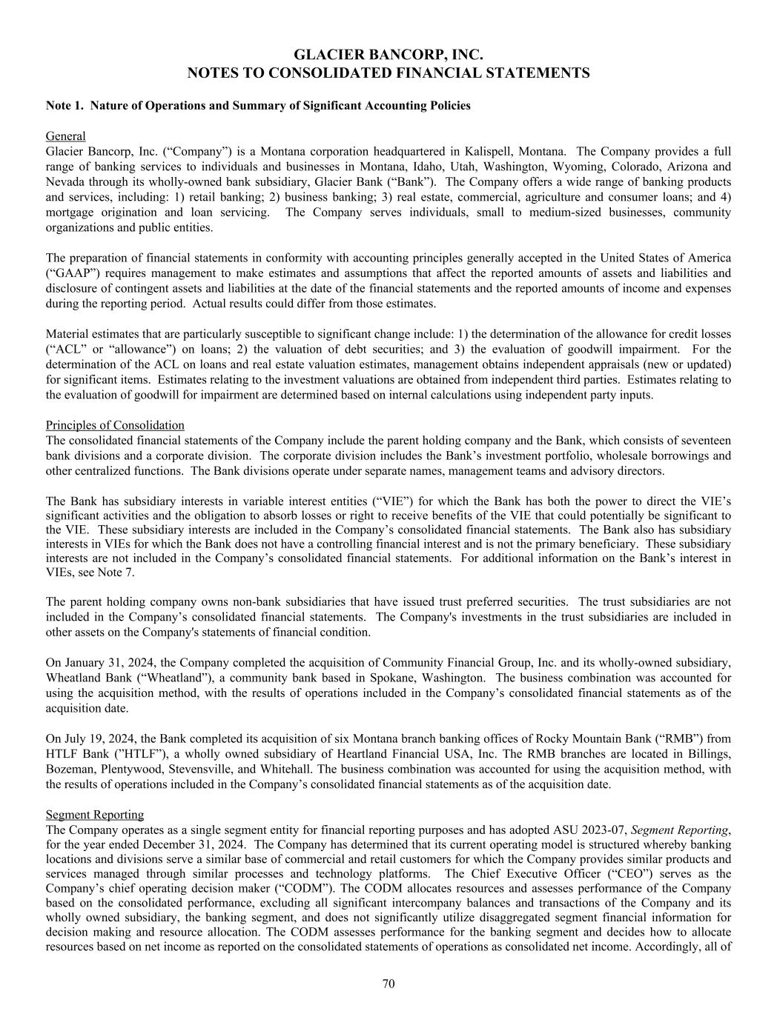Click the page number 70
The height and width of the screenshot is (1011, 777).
[x=388, y=984]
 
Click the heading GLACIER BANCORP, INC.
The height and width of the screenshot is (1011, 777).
[x=388, y=55]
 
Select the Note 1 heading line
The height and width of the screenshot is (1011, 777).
[x=258, y=105]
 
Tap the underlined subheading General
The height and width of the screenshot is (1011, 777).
[x=65, y=136]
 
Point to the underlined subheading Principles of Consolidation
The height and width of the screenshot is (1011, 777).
[x=115, y=425]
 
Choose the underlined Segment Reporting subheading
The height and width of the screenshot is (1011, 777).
[x=95, y=815]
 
